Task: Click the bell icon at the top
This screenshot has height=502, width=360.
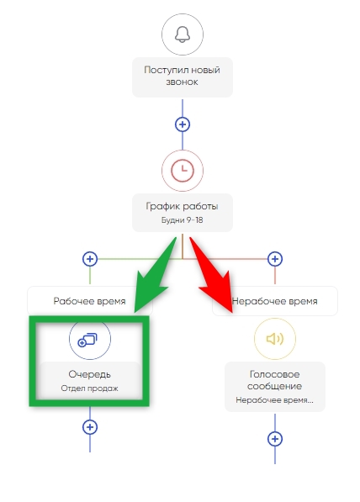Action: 183,34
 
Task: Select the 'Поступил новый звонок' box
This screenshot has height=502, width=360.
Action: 183,77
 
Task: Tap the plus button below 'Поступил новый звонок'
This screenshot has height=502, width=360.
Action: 183,124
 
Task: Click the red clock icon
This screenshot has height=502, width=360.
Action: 183,171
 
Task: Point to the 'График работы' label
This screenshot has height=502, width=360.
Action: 182,206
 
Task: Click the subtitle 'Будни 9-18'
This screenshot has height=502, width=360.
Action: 182,220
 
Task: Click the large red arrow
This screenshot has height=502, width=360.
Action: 212,275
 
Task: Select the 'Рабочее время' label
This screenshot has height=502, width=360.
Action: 89,301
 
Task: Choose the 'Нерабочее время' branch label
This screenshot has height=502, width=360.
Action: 274,301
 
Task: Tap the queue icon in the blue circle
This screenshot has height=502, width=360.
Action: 87,340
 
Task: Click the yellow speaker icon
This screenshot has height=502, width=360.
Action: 275,339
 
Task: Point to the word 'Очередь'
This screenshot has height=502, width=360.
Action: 90,374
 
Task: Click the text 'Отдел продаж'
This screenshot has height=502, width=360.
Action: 90,388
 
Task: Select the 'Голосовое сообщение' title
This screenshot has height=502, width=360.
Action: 274,380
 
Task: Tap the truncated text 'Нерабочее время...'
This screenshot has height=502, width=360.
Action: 274,400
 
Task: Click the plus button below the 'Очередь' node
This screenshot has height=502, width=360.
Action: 90,427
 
